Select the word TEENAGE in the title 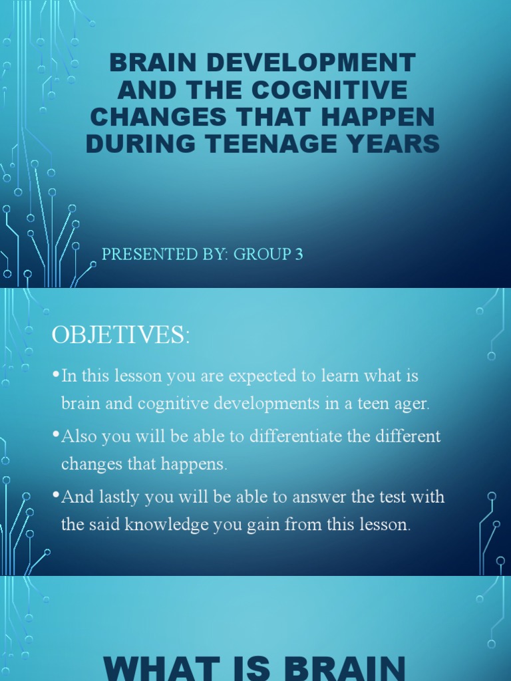(295, 144)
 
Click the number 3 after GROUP (299, 254)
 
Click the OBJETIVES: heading (121, 335)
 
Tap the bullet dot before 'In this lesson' (56, 375)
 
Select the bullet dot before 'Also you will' (56, 436)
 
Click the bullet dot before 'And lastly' (56, 496)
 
